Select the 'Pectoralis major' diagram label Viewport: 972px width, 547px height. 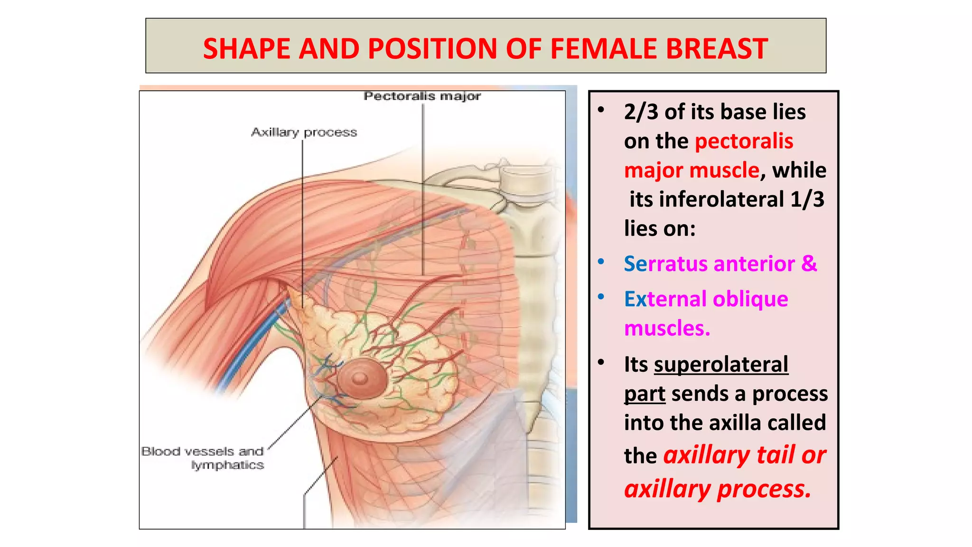pos(422,96)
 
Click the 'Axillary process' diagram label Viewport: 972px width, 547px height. pos(304,132)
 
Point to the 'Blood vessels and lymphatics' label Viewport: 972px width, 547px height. pos(203,458)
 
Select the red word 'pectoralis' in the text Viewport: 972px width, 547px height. pos(744,141)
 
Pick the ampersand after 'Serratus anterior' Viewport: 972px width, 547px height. pos(809,264)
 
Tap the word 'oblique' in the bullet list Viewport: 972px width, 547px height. pos(750,299)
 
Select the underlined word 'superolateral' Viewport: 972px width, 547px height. pos(721,365)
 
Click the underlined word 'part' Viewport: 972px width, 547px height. pos(645,394)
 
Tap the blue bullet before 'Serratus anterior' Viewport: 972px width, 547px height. pos(601,262)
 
